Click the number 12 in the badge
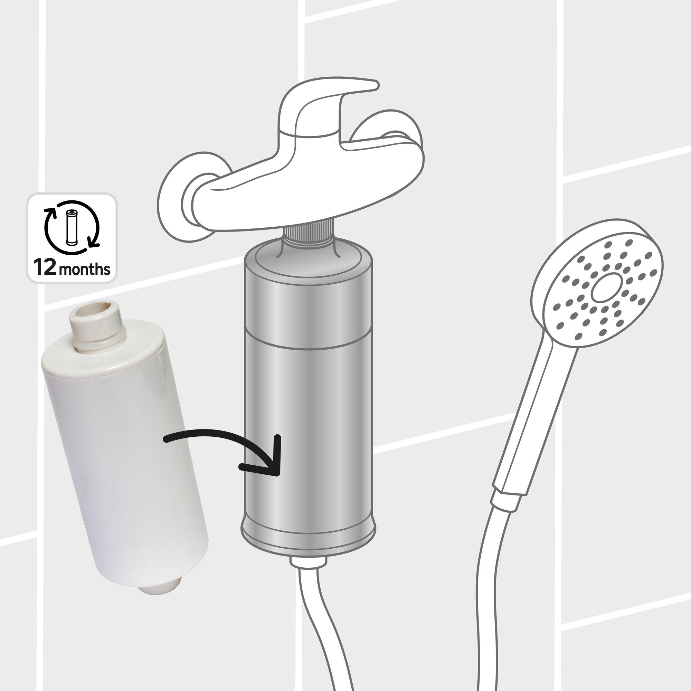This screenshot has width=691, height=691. [x=44, y=268]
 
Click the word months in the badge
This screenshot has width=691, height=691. [x=84, y=269]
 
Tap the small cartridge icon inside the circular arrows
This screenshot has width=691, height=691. [x=72, y=228]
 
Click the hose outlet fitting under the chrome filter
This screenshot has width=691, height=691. [x=308, y=562]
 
